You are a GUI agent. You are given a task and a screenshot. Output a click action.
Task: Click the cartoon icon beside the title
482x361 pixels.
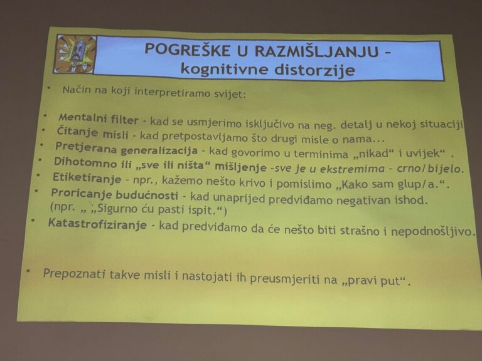point(75,55)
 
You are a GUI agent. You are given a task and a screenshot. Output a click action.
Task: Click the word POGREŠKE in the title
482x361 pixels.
point(187,50)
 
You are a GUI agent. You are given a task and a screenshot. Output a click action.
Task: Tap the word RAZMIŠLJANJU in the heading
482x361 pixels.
point(316,51)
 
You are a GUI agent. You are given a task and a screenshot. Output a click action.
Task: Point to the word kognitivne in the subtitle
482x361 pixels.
point(225,68)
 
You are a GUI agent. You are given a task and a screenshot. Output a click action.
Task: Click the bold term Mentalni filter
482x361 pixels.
point(99,118)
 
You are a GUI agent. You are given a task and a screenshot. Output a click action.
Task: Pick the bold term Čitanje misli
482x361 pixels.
point(92,133)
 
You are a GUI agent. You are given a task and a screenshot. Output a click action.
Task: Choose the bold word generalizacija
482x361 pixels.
point(159,150)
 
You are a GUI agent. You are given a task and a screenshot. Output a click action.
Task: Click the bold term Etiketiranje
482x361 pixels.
point(87,178)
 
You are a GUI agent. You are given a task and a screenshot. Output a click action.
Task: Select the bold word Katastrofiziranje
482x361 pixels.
point(97,224)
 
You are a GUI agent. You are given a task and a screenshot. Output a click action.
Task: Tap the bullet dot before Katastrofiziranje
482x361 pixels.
point(33,220)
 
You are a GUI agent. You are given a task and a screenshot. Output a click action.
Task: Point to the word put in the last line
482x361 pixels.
point(392,281)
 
